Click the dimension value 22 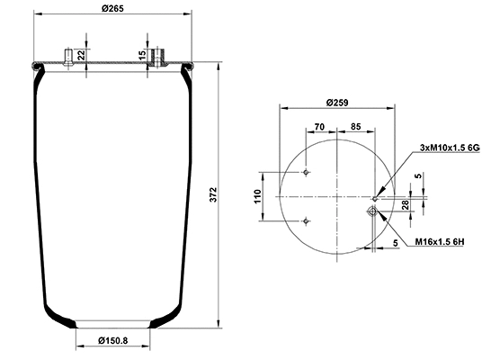click(x=82, y=55)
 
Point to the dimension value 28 click(x=406, y=206)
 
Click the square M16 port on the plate click(x=371, y=212)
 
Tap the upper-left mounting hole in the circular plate click(x=307, y=172)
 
